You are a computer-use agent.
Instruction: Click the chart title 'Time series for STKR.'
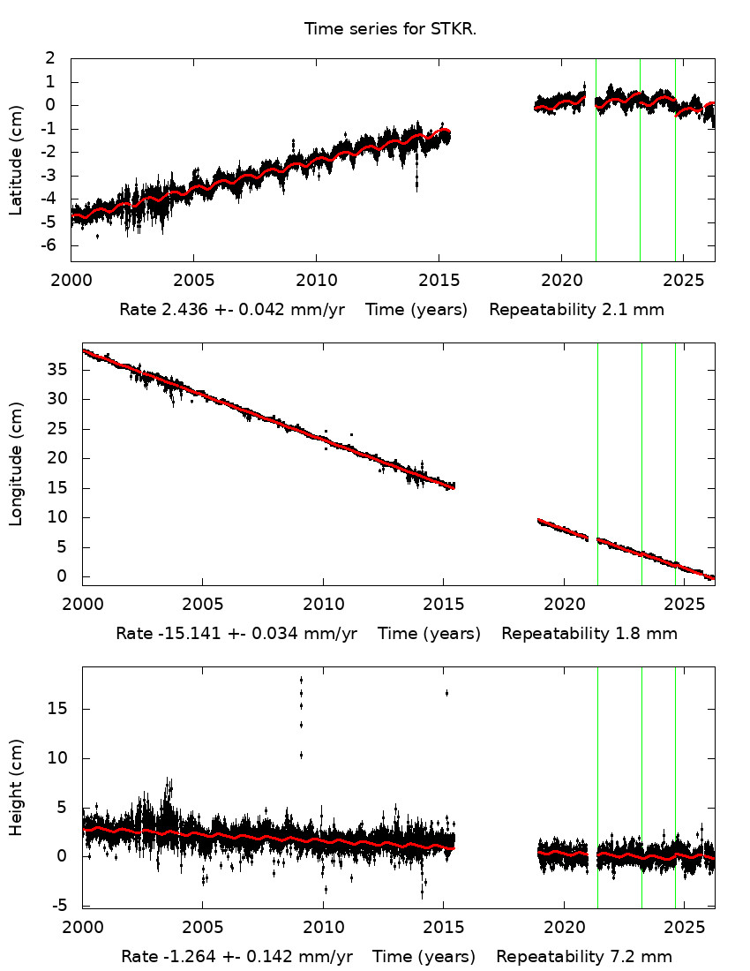(390, 29)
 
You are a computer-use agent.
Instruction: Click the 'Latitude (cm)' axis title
(16, 159)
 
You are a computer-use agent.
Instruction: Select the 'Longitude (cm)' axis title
(16, 463)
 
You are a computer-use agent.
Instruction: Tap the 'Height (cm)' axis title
(16, 787)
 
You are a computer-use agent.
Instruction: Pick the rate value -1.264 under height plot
(178, 957)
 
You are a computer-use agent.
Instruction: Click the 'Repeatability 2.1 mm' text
(576, 310)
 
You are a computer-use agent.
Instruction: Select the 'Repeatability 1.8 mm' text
(589, 633)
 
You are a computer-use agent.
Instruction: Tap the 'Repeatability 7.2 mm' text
(584, 957)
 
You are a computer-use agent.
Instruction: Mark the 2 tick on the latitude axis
(50, 58)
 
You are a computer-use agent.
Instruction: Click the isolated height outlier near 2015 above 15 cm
(446, 693)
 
